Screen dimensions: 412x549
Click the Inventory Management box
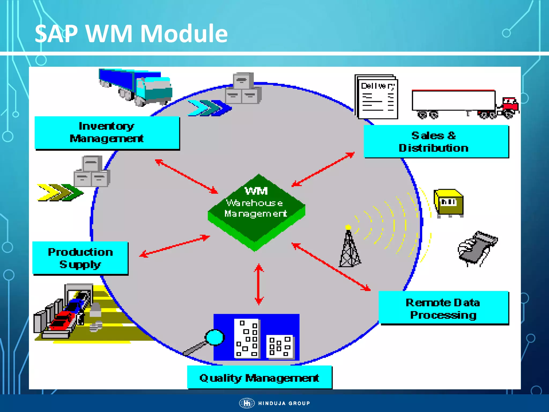click(x=107, y=133)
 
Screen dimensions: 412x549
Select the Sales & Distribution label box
click(x=436, y=141)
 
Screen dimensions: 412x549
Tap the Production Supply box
click(x=80, y=258)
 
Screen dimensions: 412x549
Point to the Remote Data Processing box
click(x=443, y=308)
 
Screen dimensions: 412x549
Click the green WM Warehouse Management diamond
click(x=256, y=209)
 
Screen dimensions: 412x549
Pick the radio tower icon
click(x=349, y=248)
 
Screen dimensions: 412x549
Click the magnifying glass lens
click(x=214, y=337)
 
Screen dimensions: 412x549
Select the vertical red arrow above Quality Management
click(x=259, y=284)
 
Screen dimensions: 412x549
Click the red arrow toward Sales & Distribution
click(x=323, y=169)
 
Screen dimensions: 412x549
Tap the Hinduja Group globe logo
click(x=247, y=403)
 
